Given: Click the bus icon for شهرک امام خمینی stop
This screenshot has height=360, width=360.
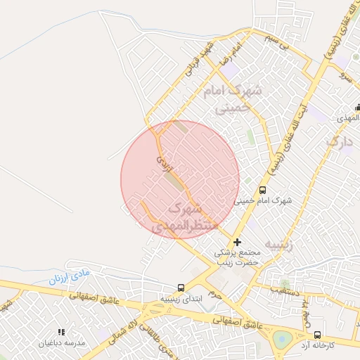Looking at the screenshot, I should tap(263, 190).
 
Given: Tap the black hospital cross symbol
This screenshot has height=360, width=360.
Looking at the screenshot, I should tap(237, 242).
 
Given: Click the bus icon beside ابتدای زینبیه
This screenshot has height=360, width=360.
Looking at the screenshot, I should tap(181, 287).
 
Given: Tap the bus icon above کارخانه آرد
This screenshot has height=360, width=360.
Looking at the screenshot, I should tap(316, 335).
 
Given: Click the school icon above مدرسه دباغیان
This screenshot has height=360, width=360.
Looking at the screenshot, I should tap(61, 332).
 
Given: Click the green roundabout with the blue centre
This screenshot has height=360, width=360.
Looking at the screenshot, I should tap(283, 340).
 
